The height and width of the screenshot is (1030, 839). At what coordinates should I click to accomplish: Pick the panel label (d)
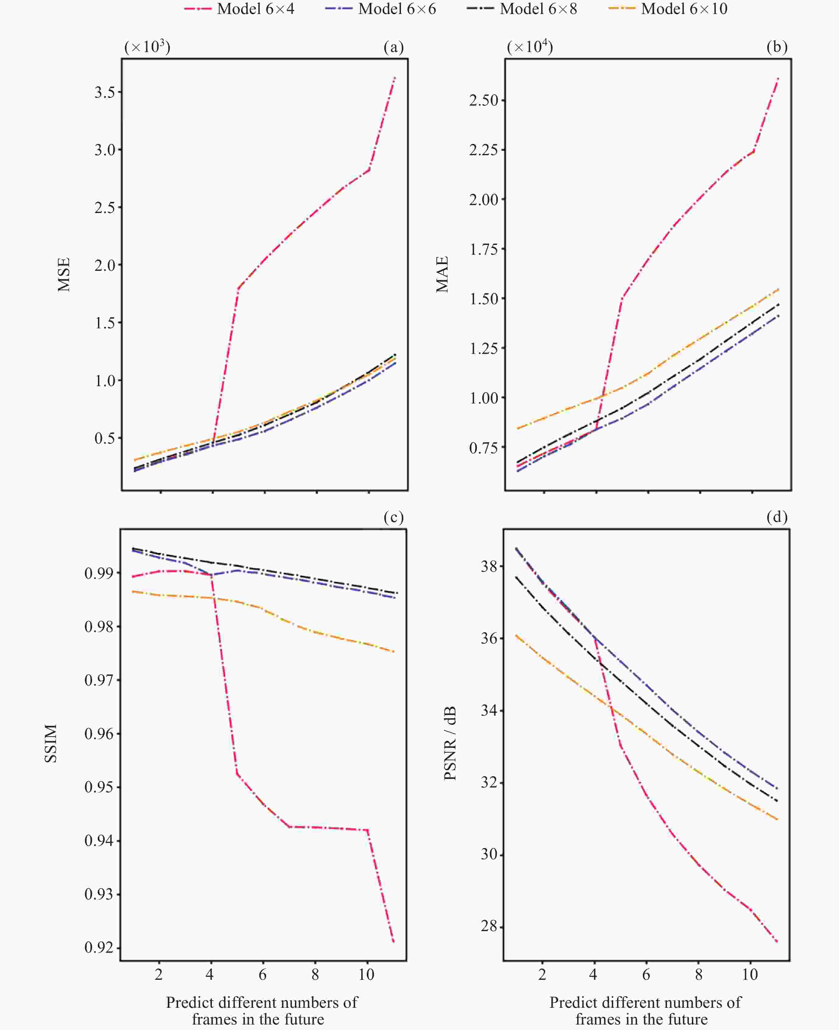click(x=777, y=517)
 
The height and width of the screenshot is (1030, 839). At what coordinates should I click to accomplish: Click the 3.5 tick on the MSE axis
click(x=105, y=92)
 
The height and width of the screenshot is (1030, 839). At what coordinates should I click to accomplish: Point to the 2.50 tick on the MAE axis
click(x=483, y=100)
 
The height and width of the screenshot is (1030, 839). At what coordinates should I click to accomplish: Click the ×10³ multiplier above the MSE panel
click(x=147, y=47)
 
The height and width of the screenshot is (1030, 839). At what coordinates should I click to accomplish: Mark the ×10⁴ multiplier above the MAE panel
click(x=530, y=47)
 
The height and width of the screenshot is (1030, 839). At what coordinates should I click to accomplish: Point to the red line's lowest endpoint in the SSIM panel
click(x=394, y=941)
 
